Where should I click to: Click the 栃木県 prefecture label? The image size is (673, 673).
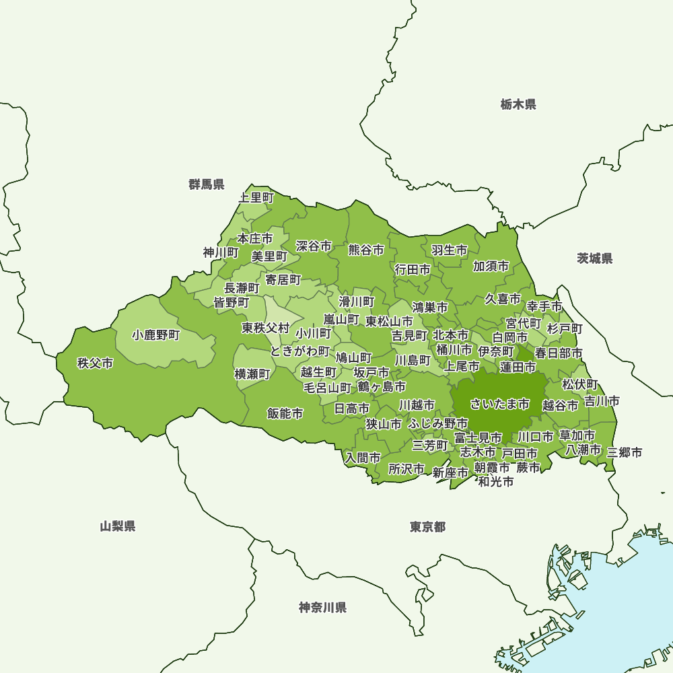[518, 104]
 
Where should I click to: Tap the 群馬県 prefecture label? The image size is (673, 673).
[207, 184]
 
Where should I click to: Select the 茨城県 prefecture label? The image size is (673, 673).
[595, 258]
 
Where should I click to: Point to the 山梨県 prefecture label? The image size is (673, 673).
[118, 526]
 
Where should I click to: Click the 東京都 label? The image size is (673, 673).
[427, 526]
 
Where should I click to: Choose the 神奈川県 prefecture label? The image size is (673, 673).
[322, 608]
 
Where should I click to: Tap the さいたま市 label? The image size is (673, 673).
[500, 404]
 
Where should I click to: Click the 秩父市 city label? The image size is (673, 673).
[95, 363]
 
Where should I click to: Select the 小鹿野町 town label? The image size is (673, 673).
[156, 334]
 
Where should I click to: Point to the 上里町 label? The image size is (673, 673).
[256, 198]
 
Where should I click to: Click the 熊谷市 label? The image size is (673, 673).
[366, 250]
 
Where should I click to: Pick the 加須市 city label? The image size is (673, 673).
[491, 266]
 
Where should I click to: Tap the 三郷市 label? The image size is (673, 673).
[625, 452]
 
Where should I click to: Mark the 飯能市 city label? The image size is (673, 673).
[285, 413]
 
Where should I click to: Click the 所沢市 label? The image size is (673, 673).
[406, 468]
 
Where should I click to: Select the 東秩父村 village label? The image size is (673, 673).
[266, 328]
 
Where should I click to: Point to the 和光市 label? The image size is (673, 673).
[496, 482]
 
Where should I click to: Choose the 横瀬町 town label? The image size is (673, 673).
[252, 374]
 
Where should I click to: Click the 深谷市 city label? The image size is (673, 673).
[314, 246]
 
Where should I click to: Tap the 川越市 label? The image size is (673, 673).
[417, 405]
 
